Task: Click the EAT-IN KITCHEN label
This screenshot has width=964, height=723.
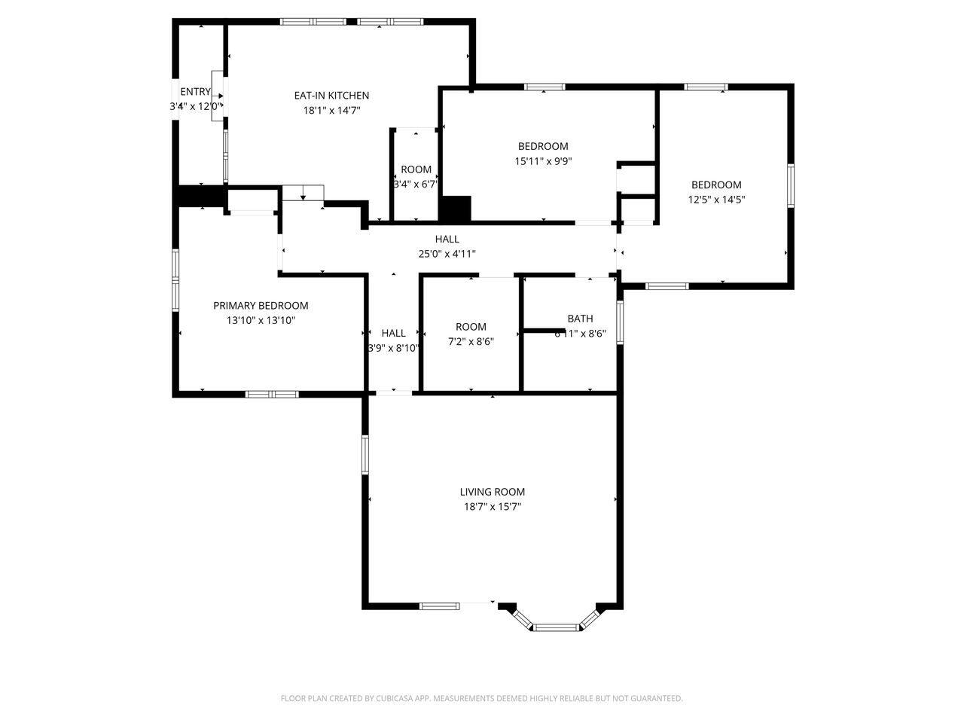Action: [x=331, y=96]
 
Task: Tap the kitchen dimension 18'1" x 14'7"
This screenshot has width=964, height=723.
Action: [x=331, y=110]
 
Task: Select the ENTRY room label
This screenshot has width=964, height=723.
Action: [x=195, y=92]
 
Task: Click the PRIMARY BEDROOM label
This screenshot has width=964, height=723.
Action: [x=261, y=306]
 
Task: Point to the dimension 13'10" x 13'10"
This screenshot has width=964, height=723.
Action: [x=261, y=320]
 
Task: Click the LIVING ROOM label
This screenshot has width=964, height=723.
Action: [x=493, y=493]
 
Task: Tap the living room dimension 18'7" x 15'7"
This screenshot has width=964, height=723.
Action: [x=493, y=507]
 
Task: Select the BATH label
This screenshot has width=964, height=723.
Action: [x=580, y=319]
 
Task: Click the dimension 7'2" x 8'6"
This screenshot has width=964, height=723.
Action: [x=471, y=341]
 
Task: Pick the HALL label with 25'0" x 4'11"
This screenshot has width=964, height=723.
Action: [x=447, y=239]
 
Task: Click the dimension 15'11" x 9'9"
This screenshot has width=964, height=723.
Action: [x=543, y=160]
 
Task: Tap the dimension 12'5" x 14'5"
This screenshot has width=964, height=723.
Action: [x=716, y=200]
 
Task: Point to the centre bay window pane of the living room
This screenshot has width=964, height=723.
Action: [x=556, y=627]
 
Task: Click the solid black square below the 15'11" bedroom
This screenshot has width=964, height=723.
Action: [x=455, y=209]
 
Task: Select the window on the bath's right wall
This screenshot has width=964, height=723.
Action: [x=621, y=322]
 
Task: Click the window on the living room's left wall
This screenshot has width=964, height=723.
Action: [x=365, y=454]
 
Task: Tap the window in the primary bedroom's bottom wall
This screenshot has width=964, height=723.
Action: [x=272, y=394]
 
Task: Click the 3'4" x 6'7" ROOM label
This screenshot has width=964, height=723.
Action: [x=416, y=169]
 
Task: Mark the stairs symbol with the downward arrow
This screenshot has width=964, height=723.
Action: [x=303, y=193]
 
